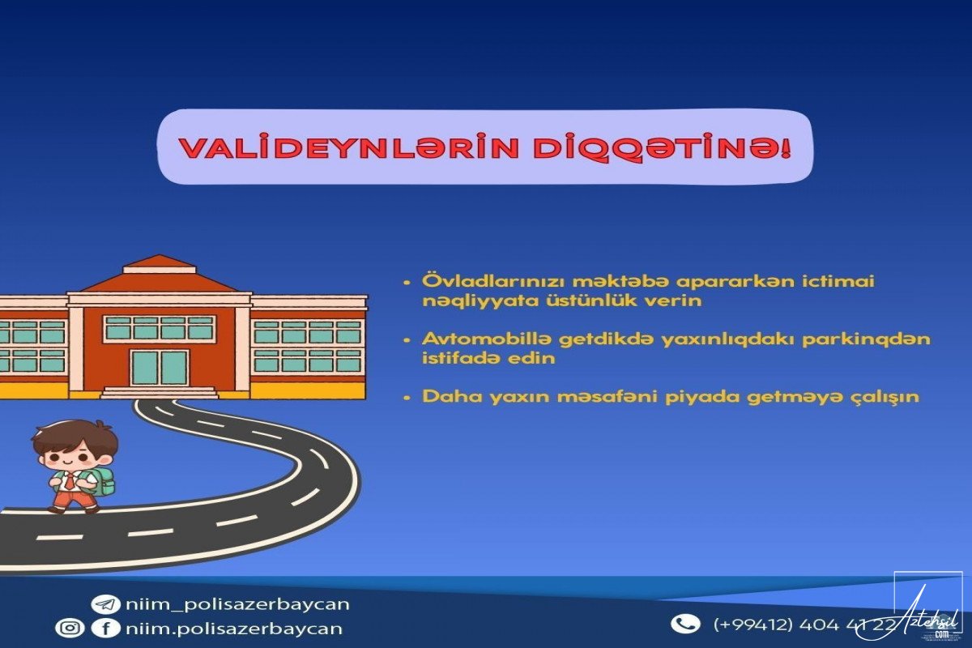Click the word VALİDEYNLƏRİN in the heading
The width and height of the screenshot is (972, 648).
click(349, 148)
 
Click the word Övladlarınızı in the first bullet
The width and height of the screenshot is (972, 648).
click(494, 281)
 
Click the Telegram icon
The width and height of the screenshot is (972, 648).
click(105, 604)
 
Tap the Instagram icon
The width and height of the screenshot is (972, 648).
click(70, 628)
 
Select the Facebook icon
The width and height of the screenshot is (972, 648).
click(105, 629)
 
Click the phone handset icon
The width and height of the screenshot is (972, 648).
click(685, 625)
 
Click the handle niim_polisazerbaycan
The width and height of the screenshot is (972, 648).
click(237, 604)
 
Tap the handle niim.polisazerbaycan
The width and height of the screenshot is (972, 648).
click(234, 629)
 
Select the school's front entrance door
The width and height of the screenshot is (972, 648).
click(160, 368)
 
